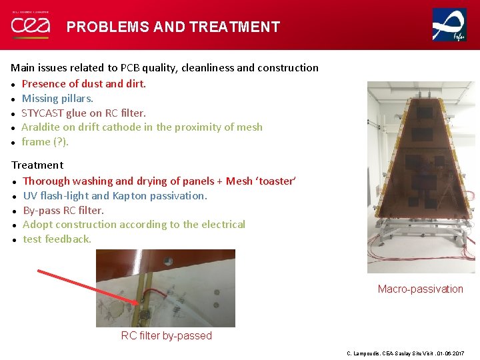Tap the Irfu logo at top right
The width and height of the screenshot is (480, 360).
tap(449, 25)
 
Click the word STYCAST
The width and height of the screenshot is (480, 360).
tap(44, 113)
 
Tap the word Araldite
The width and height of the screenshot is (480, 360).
tap(41, 127)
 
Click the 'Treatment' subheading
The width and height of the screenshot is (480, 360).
tap(37, 165)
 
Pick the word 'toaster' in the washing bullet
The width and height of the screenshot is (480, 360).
tap(275, 181)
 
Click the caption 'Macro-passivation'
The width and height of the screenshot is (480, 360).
tap(420, 289)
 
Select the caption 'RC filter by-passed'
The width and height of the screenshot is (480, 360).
tap(166, 335)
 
